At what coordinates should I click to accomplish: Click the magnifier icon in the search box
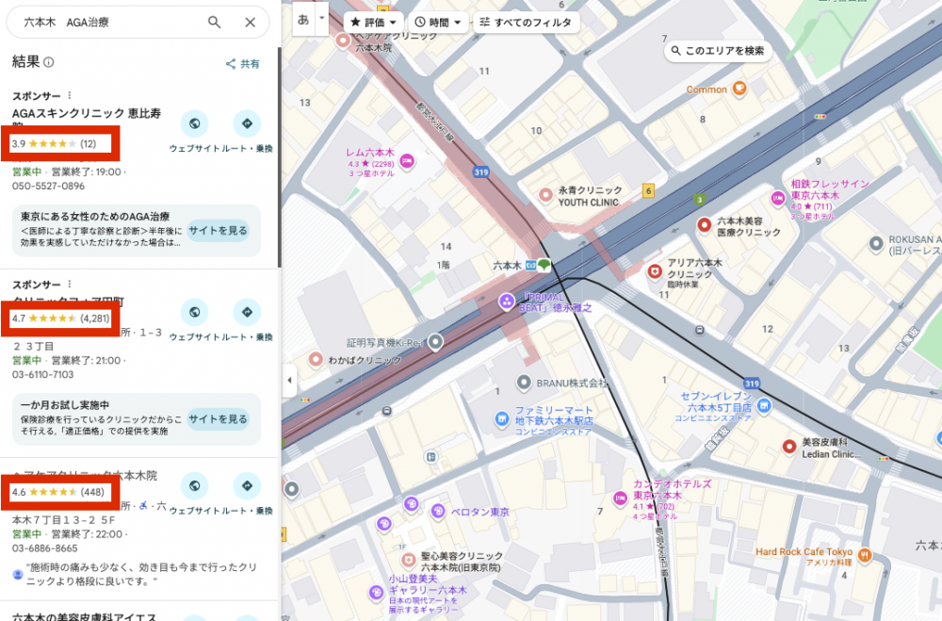tap(215, 23)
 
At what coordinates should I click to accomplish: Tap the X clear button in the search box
tap(250, 23)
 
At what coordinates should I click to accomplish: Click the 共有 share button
tap(242, 64)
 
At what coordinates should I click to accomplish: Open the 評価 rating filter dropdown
tap(375, 22)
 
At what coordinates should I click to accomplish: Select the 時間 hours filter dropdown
tap(439, 22)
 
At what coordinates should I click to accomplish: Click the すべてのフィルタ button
tap(525, 22)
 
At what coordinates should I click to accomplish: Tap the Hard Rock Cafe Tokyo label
tap(804, 551)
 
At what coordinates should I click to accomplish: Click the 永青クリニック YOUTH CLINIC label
tap(588, 195)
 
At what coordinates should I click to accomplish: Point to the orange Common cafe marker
tap(739, 90)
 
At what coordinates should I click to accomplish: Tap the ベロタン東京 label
tap(479, 512)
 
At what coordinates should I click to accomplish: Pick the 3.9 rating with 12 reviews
tap(55, 143)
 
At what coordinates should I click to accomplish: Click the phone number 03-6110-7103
tap(42, 374)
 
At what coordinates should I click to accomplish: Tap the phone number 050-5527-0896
tap(48, 186)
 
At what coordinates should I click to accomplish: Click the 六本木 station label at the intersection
tap(512, 266)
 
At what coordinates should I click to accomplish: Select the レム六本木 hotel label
tap(369, 152)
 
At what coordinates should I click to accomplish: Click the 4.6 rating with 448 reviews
tap(58, 492)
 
